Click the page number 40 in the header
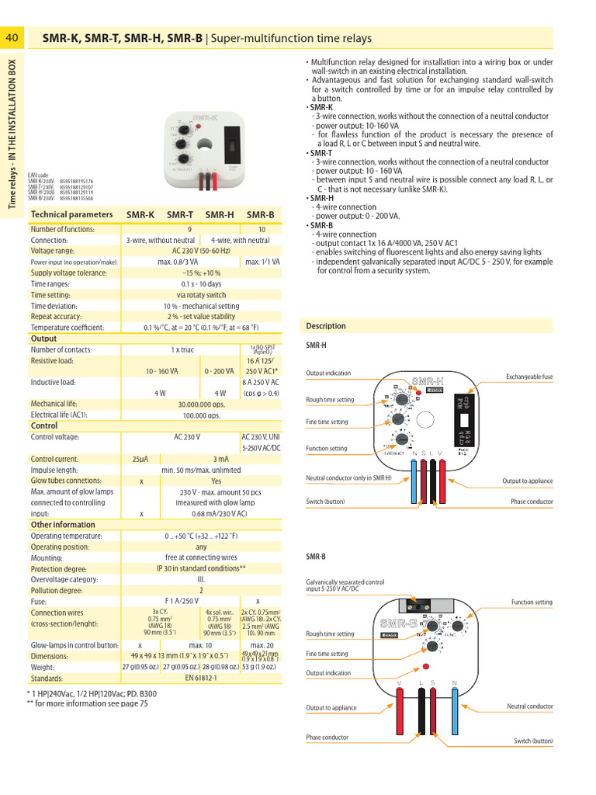[x=12, y=38]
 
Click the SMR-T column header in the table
[x=180, y=214]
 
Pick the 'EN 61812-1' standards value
[x=201, y=678]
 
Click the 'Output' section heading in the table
[x=43, y=338]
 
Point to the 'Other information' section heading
[x=63, y=525]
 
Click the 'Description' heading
[x=326, y=326]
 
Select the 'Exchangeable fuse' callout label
[x=529, y=377]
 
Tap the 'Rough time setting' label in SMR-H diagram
[x=330, y=400]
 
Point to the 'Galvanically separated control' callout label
[x=345, y=581]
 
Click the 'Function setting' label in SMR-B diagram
[x=532, y=602]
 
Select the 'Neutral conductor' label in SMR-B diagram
[x=529, y=706]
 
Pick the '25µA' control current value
[x=140, y=459]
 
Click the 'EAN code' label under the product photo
[x=38, y=175]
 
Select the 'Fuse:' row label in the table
[x=40, y=601]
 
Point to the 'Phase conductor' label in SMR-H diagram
[x=532, y=502]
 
